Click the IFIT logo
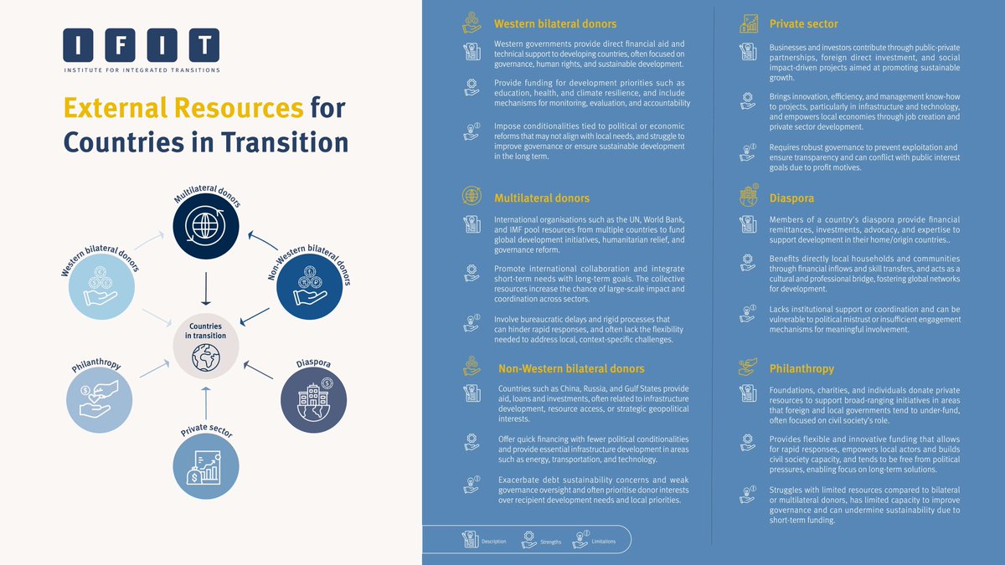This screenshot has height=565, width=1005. [x=141, y=50]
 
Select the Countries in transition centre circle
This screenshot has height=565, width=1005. [x=205, y=346]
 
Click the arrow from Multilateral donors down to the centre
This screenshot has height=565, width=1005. [x=204, y=289]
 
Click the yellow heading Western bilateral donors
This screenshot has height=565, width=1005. [x=555, y=23]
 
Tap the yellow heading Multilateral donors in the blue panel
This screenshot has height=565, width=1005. [x=542, y=198]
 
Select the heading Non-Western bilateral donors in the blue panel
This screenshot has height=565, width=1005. [x=571, y=368]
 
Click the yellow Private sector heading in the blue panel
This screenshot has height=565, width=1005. [x=804, y=23]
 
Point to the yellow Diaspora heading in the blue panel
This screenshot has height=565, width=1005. [x=791, y=199]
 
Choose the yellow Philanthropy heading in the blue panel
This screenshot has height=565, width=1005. [x=801, y=368]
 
